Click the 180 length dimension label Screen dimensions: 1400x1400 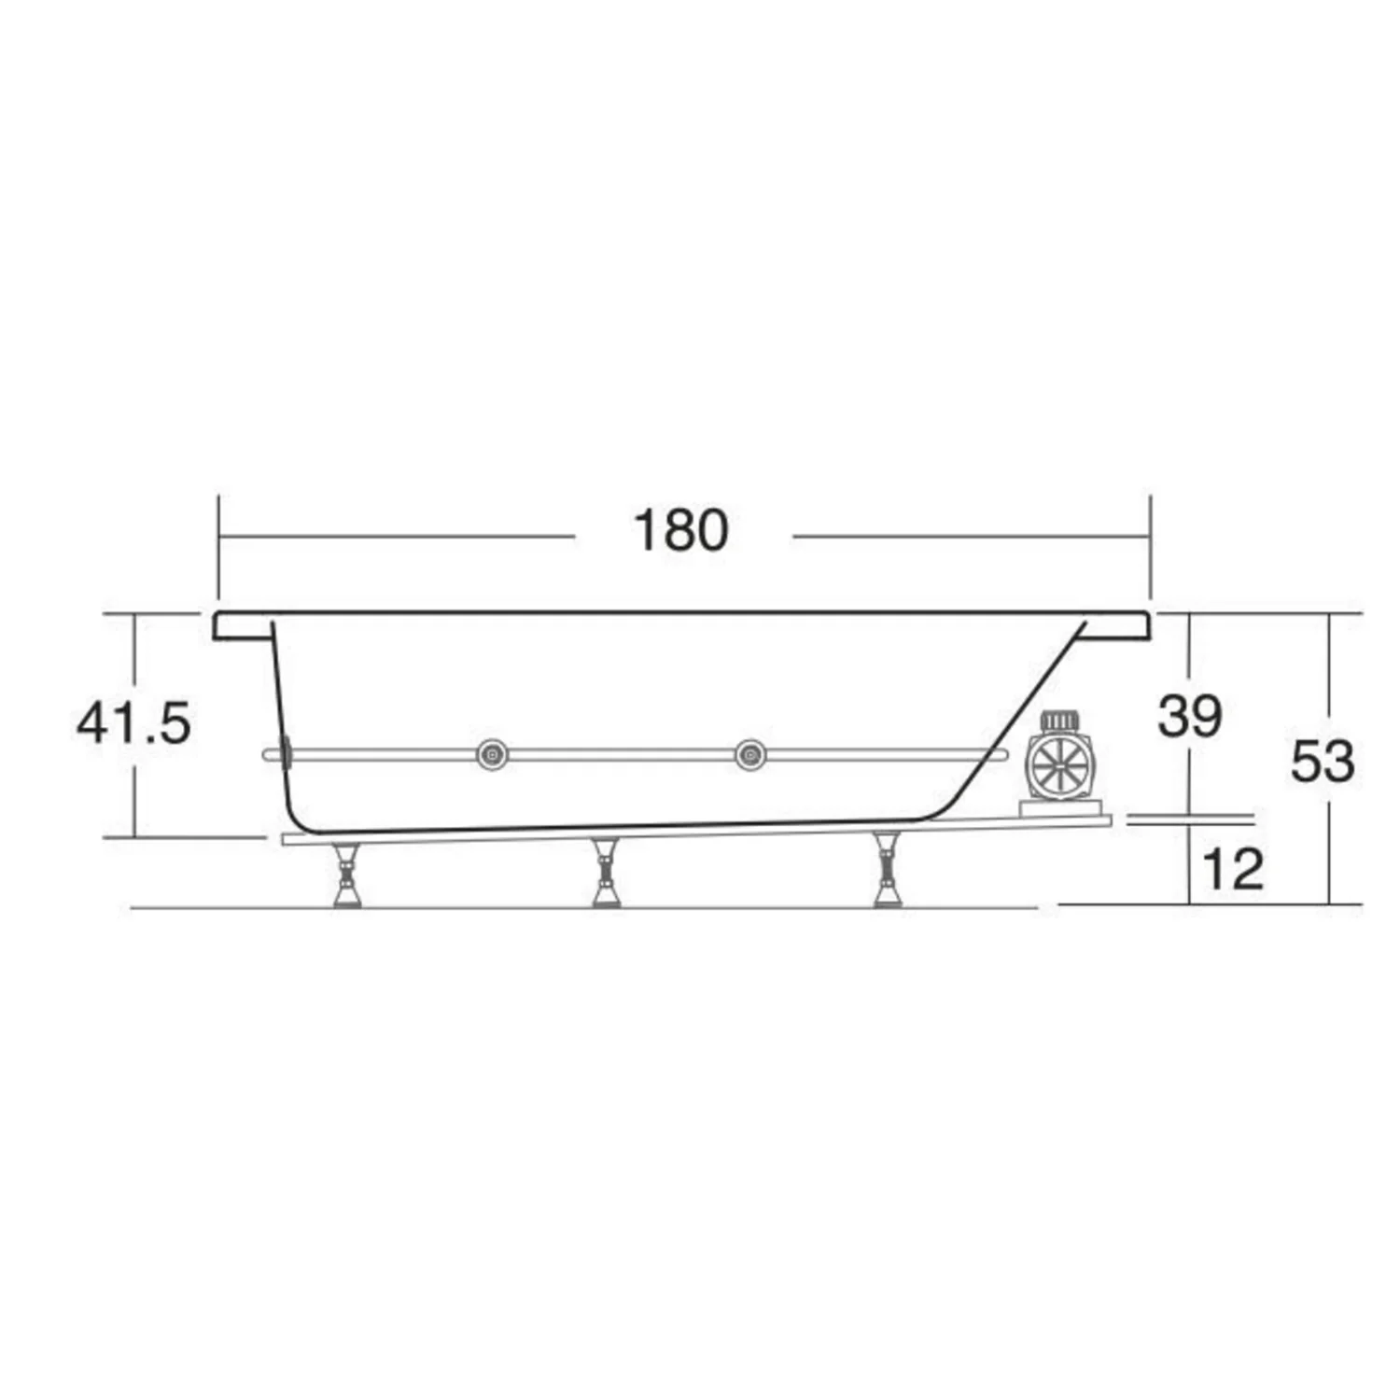tap(680, 530)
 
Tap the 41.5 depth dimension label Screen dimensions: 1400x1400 tap(133, 722)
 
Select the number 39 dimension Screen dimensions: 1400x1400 tap(1189, 717)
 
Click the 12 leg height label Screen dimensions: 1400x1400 tap(1232, 869)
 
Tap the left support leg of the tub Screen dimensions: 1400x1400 tap(346, 875)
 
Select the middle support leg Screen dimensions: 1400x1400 tap(607, 872)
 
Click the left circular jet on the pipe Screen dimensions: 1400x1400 tap(492, 754)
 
